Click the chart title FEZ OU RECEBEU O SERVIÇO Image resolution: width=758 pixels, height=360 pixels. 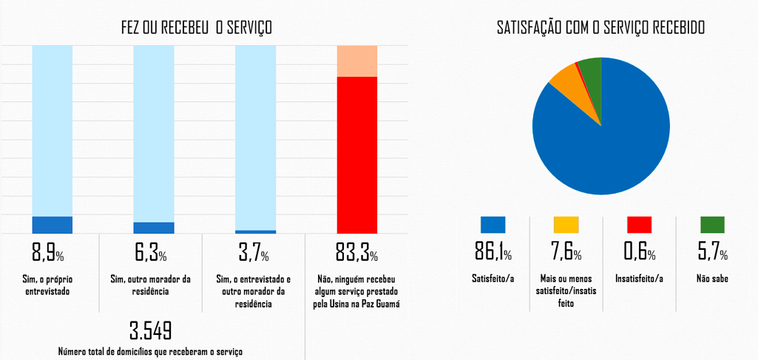click(197, 28)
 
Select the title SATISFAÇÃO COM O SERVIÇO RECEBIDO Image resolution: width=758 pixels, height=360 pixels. click(600, 28)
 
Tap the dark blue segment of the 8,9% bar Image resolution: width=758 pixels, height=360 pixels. click(52, 225)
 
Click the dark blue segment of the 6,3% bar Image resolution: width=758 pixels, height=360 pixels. click(153, 228)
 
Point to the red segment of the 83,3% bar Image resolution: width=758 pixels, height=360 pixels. click(357, 154)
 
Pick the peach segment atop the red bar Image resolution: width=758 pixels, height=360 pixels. click(357, 61)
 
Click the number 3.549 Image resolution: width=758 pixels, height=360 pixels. click(150, 330)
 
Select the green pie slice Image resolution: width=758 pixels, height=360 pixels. click(591, 68)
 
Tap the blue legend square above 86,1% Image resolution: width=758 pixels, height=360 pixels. click(493, 225)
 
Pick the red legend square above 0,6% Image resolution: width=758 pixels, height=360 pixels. click(639, 225)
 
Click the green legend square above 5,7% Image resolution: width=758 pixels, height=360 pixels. click(712, 225)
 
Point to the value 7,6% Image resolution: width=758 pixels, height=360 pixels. click(566, 254)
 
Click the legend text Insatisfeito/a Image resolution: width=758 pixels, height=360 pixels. click(640, 279)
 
